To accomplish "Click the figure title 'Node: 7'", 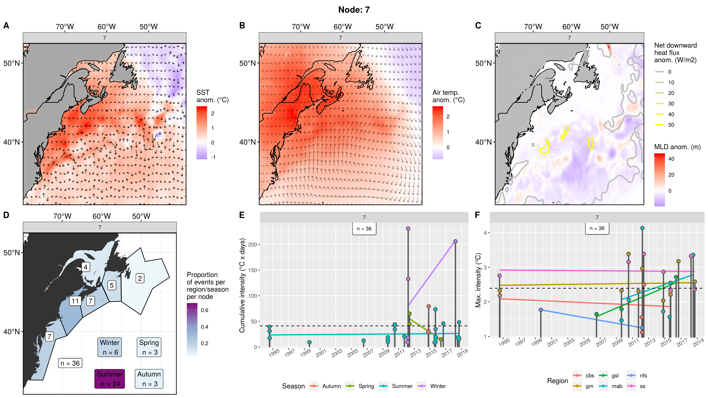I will click(x=354, y=10).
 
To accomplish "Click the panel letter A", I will click(x=6, y=26).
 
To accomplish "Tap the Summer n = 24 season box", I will click(x=110, y=379).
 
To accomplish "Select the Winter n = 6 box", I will click(x=110, y=347).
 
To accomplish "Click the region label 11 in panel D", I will click(x=75, y=301).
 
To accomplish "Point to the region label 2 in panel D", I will click(x=140, y=278).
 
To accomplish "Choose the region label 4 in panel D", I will click(x=86, y=267).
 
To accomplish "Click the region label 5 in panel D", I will click(x=112, y=285).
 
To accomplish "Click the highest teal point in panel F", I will click(x=642, y=228).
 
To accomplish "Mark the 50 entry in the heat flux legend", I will click(x=671, y=125).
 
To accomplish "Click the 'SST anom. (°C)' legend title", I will click(x=212, y=96).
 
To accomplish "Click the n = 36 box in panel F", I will click(x=597, y=228).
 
